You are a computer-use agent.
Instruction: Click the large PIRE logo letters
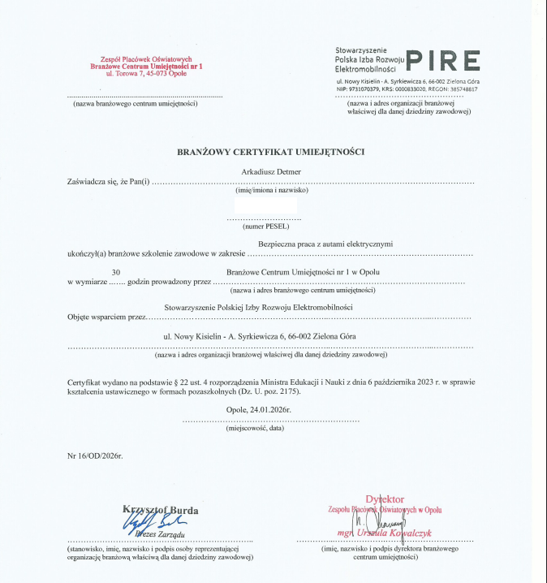(441, 61)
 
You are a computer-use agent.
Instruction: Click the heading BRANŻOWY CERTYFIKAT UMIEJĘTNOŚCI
(271, 152)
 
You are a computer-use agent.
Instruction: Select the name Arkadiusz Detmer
(270, 171)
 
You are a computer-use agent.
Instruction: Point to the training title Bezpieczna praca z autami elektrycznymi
(325, 244)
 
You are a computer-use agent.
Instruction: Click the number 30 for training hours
(116, 271)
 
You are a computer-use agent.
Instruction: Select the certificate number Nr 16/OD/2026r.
(95, 456)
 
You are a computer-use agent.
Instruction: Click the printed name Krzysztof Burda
(161, 510)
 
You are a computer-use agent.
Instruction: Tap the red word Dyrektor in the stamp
(385, 499)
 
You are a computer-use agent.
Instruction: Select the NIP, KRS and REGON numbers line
(407, 89)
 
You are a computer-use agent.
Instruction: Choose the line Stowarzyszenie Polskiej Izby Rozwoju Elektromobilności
(258, 308)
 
